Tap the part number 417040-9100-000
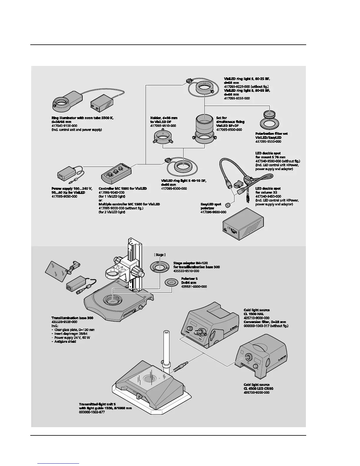pyautogui.click(x=64, y=126)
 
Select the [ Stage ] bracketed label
pyautogui.click(x=160, y=255)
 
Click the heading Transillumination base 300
pyautogui.click(x=72, y=318)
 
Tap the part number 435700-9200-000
pyautogui.click(x=256, y=392)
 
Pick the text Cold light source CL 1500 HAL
pyautogui.click(x=256, y=312)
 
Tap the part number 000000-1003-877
pyautogui.click(x=92, y=412)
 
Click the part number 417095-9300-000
pyautogui.click(x=174, y=189)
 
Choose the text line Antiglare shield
pyautogui.click(x=65, y=342)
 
